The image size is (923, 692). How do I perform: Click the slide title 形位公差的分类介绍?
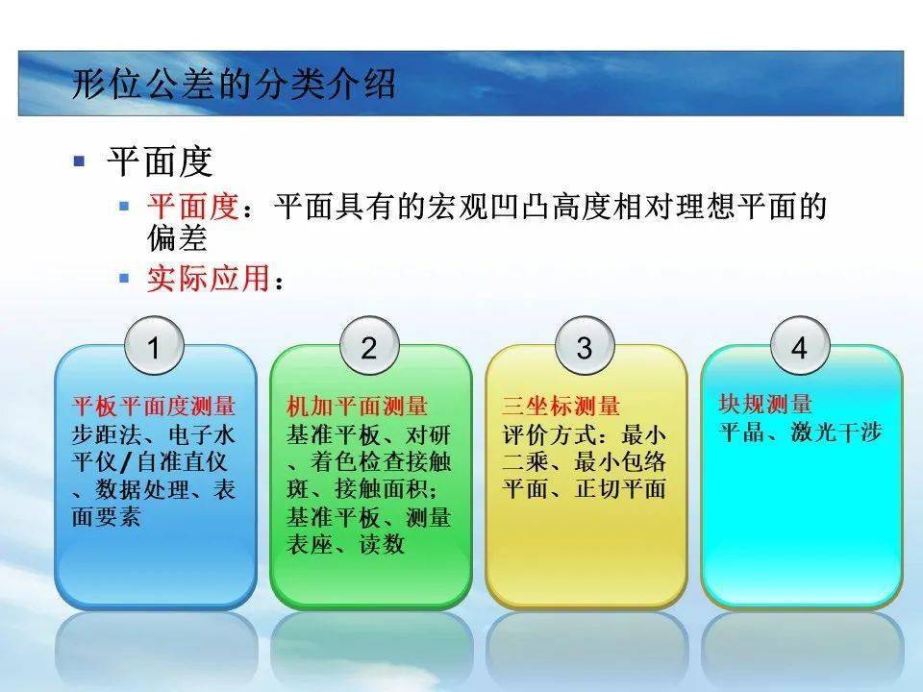pyautogui.click(x=234, y=85)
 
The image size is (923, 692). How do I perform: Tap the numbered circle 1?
pyautogui.click(x=154, y=348)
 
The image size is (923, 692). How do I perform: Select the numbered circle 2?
pyautogui.click(x=369, y=348)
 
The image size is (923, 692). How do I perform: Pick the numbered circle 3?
pyautogui.click(x=585, y=348)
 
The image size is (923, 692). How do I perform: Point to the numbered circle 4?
pyautogui.click(x=799, y=348)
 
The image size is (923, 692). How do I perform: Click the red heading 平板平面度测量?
pyautogui.click(x=154, y=407)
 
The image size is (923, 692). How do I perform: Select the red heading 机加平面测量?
pyautogui.click(x=358, y=407)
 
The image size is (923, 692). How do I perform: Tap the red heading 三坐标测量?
pyautogui.click(x=561, y=407)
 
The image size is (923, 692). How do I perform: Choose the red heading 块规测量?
pyautogui.click(x=765, y=405)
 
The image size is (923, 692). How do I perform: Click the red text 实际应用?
pyautogui.click(x=208, y=279)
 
